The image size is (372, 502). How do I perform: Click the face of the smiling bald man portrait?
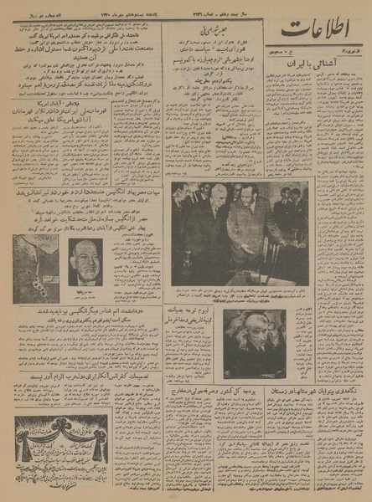tap(85, 260)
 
